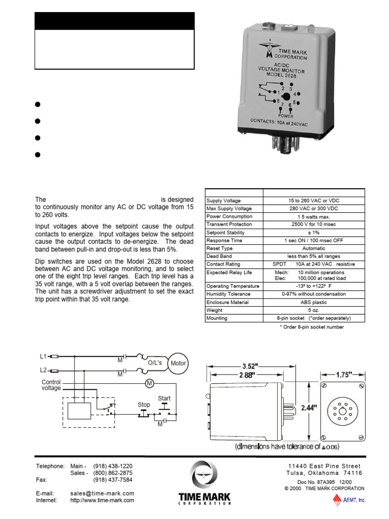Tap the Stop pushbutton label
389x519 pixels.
pos(144,405)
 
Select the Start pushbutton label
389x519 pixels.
pos(164,398)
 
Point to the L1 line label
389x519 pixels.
pos(43,356)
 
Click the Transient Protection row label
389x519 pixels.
pos(229,225)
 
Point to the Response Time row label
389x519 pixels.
pos(224,241)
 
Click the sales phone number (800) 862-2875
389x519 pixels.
pos(112,472)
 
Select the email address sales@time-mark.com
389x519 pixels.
pos(102,493)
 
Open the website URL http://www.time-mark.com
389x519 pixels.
pos(102,500)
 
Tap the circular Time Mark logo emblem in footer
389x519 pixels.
pos(205,474)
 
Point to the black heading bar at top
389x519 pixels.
pos(114,21)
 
